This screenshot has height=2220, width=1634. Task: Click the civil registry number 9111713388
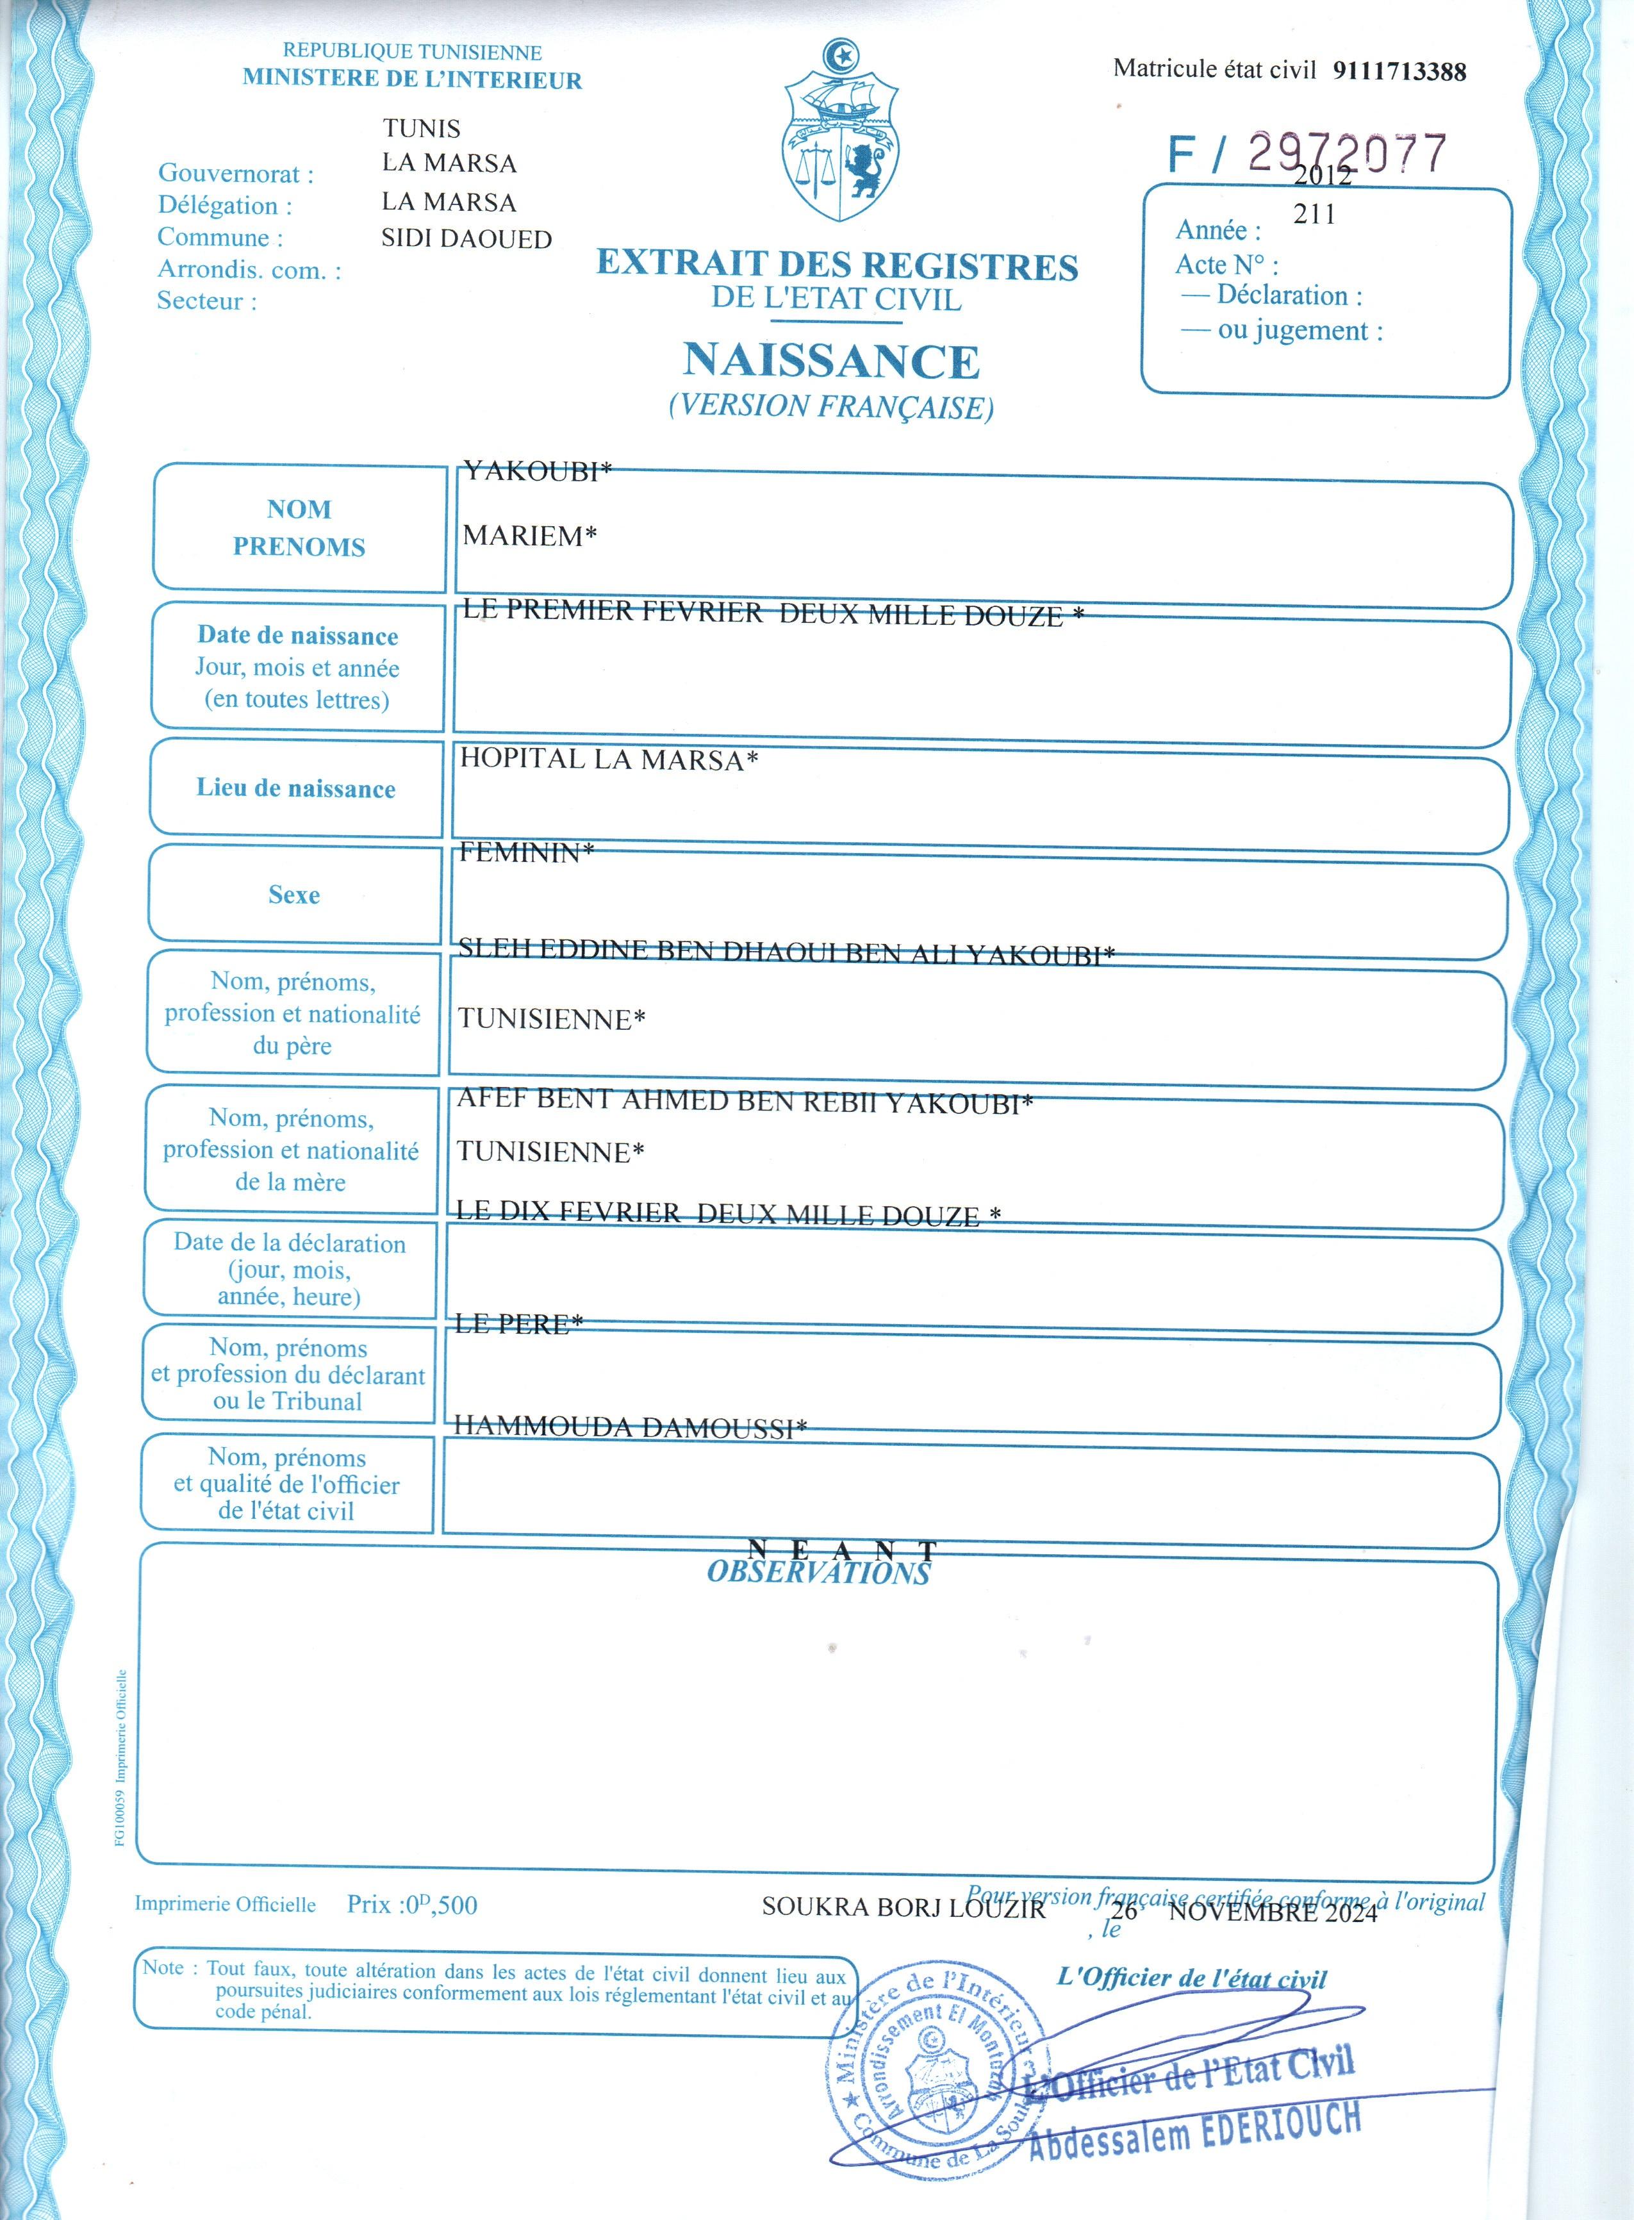coord(1399,70)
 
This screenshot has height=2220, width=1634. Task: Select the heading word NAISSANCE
coord(831,361)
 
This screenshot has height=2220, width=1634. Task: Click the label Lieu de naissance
coord(296,788)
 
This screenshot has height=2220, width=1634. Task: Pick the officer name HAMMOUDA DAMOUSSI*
coord(630,1427)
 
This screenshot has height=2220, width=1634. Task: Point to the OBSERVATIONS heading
coord(818,1573)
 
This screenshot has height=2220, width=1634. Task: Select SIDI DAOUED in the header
coord(467,238)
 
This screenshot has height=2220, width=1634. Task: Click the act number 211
coord(1314,213)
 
